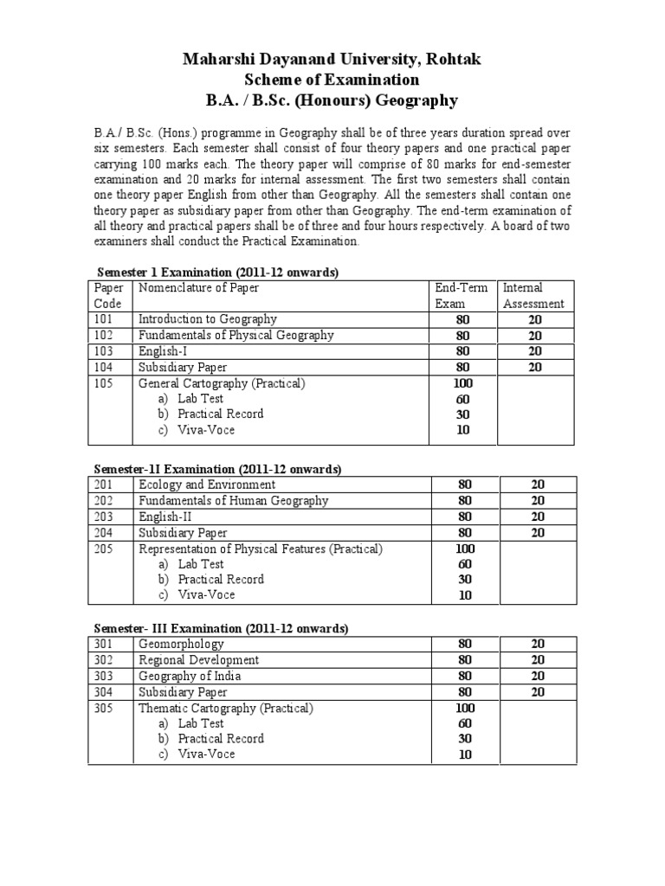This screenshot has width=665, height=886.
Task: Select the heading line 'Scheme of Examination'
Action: pyautogui.click(x=332, y=80)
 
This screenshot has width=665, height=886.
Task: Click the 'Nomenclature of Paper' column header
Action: pyautogui.click(x=198, y=287)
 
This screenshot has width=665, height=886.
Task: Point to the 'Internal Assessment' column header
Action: pyautogui.click(x=533, y=295)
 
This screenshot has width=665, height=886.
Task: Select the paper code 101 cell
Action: pyautogui.click(x=104, y=319)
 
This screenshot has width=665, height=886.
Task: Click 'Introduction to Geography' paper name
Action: pyautogui.click(x=208, y=319)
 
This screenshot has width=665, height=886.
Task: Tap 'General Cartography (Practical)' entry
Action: pyautogui.click(x=222, y=383)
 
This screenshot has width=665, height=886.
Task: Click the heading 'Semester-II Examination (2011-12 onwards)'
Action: pyautogui.click(x=217, y=469)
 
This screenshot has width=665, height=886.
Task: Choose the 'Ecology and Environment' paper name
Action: pyautogui.click(x=207, y=485)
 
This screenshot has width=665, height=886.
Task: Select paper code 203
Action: pyautogui.click(x=104, y=517)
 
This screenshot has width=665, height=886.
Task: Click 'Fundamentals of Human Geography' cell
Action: pyautogui.click(x=234, y=500)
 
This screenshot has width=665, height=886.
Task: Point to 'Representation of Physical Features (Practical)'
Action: pyautogui.click(x=261, y=549)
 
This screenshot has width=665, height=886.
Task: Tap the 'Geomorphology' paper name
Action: pyautogui.click(x=181, y=644)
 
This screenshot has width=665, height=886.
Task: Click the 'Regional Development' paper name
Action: pyautogui.click(x=198, y=660)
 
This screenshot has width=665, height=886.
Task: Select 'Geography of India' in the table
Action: pyautogui.click(x=190, y=676)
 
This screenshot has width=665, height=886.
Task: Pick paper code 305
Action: pyautogui.click(x=104, y=708)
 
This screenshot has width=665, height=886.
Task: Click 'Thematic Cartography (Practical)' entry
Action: pyautogui.click(x=225, y=708)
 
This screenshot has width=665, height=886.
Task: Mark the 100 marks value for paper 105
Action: pyautogui.click(x=464, y=383)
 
